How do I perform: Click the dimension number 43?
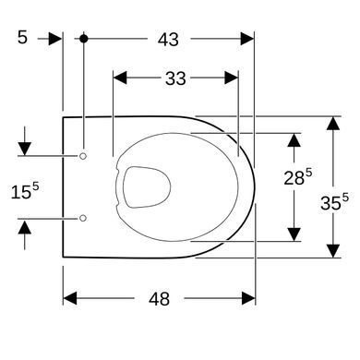[x=168, y=40]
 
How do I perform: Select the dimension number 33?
[x=175, y=78]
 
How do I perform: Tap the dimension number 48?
[x=159, y=299]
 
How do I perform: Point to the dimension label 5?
[x=22, y=38]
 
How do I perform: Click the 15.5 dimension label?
[x=25, y=191]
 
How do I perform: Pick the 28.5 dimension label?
[x=297, y=177]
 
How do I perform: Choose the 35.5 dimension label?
[x=334, y=202]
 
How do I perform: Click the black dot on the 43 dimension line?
[x=84, y=39]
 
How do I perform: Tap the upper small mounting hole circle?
[x=83, y=156]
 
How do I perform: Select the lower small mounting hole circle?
[x=83, y=218]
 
